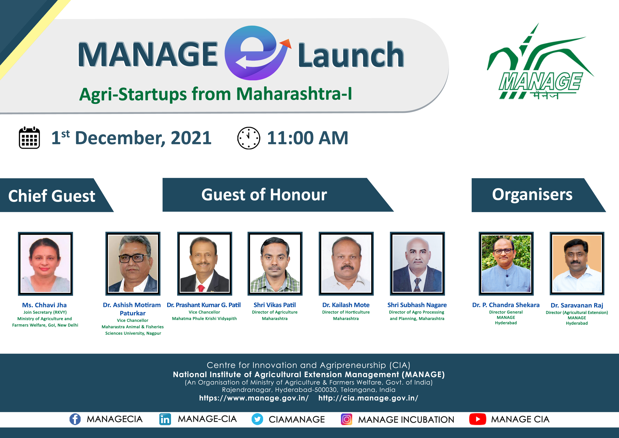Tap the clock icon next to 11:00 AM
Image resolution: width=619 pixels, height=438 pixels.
pyautogui.click(x=249, y=138)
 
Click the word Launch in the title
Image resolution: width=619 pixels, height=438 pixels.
pyautogui.click(x=351, y=55)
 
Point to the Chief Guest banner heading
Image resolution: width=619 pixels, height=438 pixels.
pyautogui.click(x=52, y=196)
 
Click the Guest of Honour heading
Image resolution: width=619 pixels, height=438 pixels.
pyautogui.click(x=264, y=195)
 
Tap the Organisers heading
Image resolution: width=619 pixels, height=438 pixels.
pyautogui.click(x=532, y=195)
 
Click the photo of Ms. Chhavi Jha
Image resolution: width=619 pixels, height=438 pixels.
pyautogui.click(x=46, y=263)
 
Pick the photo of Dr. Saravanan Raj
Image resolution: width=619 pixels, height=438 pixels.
pyautogui.click(x=577, y=263)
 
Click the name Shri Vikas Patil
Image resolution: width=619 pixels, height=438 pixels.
pyautogui.click(x=275, y=305)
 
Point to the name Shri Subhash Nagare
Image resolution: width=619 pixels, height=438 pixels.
pyautogui.click(x=417, y=305)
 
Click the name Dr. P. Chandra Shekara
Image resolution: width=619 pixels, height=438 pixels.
pyautogui.click(x=506, y=305)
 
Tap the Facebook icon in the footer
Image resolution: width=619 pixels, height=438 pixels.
pyautogui.click(x=75, y=419)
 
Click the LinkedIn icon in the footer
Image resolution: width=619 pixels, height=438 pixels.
pyautogui.click(x=165, y=419)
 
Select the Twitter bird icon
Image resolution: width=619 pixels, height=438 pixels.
pyautogui.click(x=257, y=419)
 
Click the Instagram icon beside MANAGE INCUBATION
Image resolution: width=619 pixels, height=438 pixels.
pyautogui.click(x=346, y=419)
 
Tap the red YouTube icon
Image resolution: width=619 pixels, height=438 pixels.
pyautogui.click(x=477, y=419)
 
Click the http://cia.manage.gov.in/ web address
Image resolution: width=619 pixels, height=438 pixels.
pyautogui.click(x=368, y=398)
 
